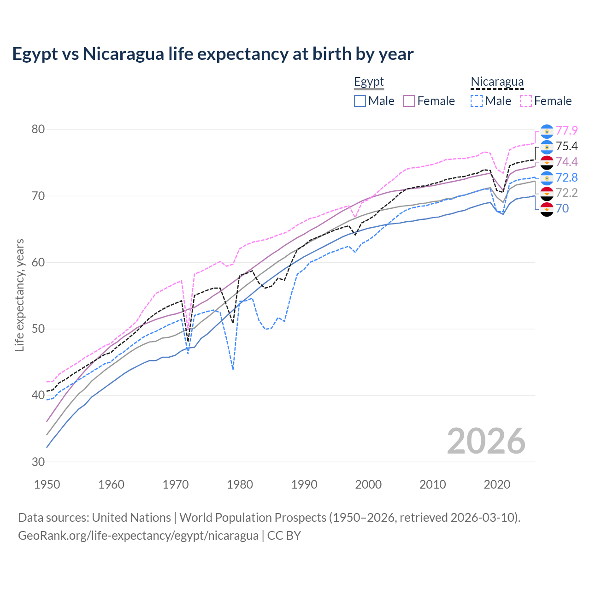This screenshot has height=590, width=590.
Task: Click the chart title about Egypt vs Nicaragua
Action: pyautogui.click(x=212, y=54)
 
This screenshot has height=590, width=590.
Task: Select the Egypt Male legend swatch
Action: pyautogui.click(x=360, y=101)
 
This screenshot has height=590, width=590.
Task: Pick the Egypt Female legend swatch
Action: pyautogui.click(x=409, y=101)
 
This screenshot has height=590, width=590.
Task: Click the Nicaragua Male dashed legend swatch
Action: pyautogui.click(x=477, y=101)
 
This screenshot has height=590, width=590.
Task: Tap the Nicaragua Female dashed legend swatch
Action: pyautogui.click(x=525, y=101)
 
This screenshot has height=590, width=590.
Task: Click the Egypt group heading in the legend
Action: pyautogui.click(x=369, y=82)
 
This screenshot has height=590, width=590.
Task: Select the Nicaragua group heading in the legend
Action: pyautogui.click(x=497, y=82)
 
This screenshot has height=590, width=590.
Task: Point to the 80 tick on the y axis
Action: pyautogui.click(x=38, y=130)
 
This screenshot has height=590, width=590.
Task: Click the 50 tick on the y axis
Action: pyautogui.click(x=38, y=329)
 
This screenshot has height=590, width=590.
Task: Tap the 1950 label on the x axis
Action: pyautogui.click(x=47, y=484)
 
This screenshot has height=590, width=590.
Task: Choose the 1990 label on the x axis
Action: pyautogui.click(x=304, y=484)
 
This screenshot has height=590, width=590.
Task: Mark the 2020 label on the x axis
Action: pyautogui.click(x=497, y=484)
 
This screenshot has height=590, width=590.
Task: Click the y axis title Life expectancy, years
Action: pyautogui.click(x=19, y=295)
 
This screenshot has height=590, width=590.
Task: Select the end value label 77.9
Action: pyautogui.click(x=566, y=131)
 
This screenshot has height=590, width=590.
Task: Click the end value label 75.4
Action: pyautogui.click(x=566, y=147)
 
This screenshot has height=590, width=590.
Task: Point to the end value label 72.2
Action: pyautogui.click(x=566, y=193)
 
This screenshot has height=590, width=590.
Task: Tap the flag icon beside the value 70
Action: pyautogui.click(x=547, y=209)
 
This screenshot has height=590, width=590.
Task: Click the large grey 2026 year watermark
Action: pyautogui.click(x=486, y=441)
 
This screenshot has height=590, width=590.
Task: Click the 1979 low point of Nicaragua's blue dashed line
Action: pyautogui.click(x=233, y=370)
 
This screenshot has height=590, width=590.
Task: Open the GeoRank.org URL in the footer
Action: pyautogui.click(x=138, y=536)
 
